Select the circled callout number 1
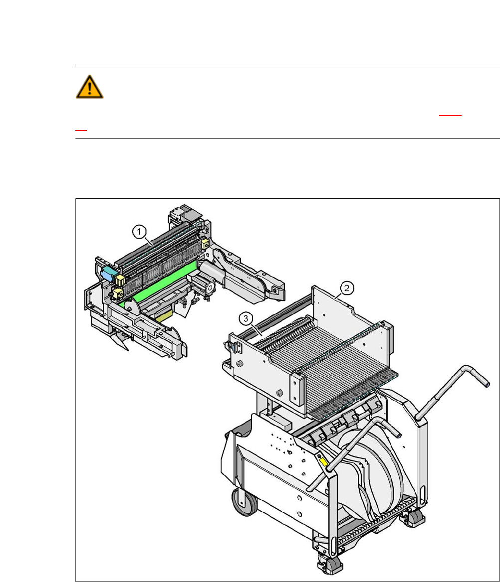(139, 232)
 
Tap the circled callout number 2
(347, 288)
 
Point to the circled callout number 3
(246, 318)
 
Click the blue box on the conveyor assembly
(108, 273)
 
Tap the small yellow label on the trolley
(323, 462)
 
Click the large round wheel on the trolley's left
(244, 502)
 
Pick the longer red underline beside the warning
(450, 116)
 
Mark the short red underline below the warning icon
(81, 130)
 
